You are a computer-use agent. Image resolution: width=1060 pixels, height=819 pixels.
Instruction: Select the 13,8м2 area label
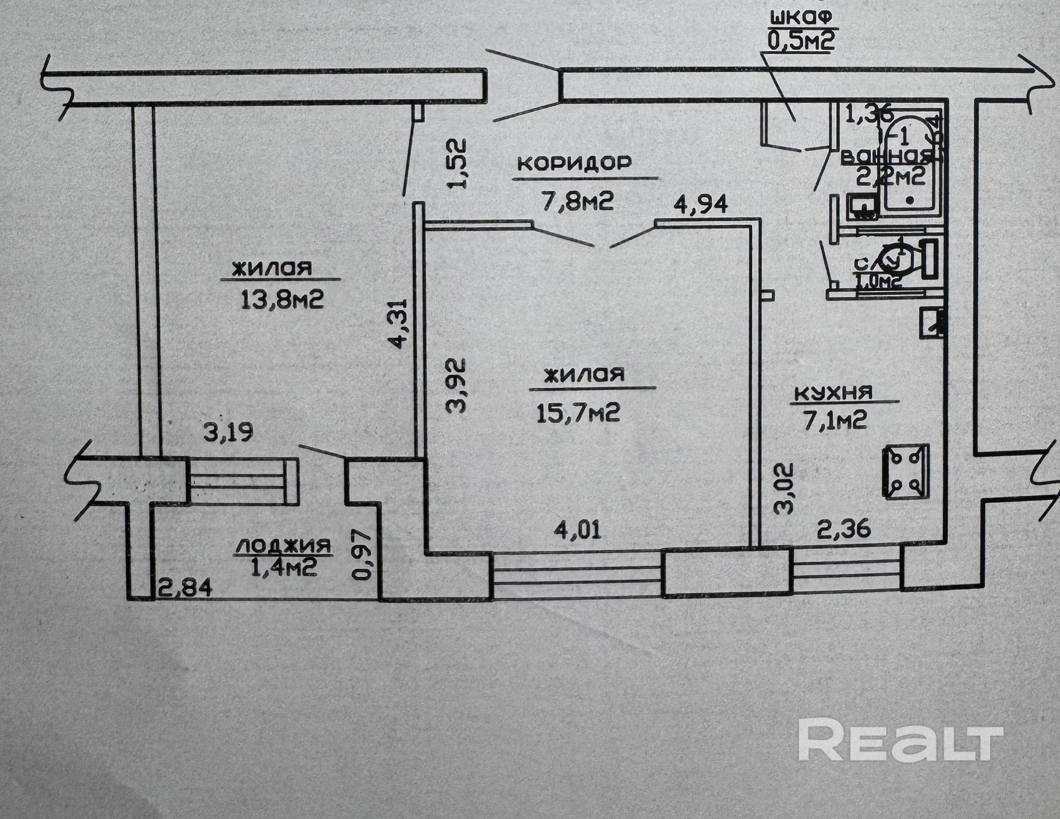[x=281, y=300]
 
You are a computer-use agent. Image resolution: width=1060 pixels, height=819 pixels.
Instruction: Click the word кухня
[x=832, y=392]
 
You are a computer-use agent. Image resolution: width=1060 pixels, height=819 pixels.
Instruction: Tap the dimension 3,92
[x=456, y=386]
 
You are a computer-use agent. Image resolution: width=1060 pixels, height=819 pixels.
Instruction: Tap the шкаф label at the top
[x=801, y=17]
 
